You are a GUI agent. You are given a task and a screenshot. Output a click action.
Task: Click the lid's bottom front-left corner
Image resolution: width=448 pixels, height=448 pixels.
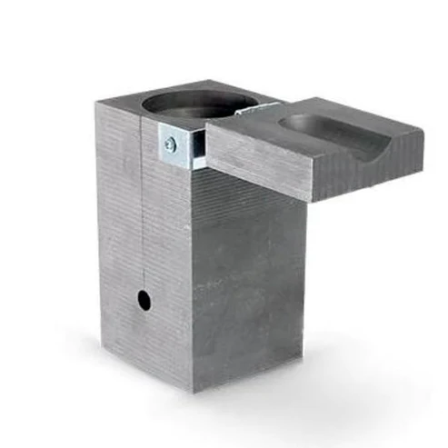point(210,169)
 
